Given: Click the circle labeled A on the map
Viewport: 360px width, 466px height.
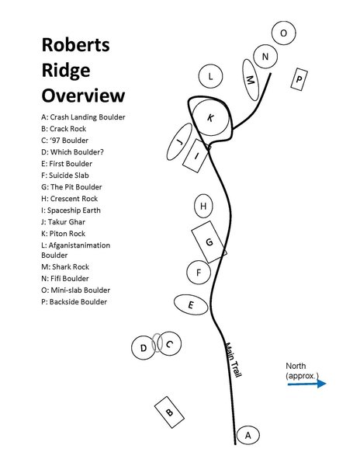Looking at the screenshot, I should click(247, 436).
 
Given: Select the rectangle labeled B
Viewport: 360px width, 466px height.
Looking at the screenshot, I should click(169, 412).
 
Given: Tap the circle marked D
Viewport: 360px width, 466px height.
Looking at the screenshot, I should click(144, 349).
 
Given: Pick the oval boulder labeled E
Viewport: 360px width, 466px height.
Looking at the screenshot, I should click(191, 305).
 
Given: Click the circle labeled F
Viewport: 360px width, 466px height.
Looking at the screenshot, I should click(199, 273).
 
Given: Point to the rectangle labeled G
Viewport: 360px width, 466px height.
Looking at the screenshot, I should click(209, 242).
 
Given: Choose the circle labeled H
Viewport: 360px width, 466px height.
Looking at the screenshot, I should click(203, 207).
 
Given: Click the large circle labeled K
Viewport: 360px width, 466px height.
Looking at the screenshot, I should click(209, 117).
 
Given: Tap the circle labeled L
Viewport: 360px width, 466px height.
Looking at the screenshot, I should click(210, 76).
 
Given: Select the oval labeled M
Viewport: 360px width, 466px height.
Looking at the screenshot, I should click(250, 82).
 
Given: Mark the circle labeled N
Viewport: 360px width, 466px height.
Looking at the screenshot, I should click(266, 57).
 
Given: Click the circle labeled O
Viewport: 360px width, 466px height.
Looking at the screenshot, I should click(284, 33).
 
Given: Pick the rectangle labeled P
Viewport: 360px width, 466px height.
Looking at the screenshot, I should click(299, 78).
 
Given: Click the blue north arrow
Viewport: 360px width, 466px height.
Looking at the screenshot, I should click(307, 383).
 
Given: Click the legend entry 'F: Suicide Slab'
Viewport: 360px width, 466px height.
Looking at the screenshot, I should click(73, 176).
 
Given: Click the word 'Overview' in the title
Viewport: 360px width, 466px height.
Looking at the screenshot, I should click(83, 96).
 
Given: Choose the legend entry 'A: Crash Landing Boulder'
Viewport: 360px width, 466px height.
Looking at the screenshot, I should click(83, 117).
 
